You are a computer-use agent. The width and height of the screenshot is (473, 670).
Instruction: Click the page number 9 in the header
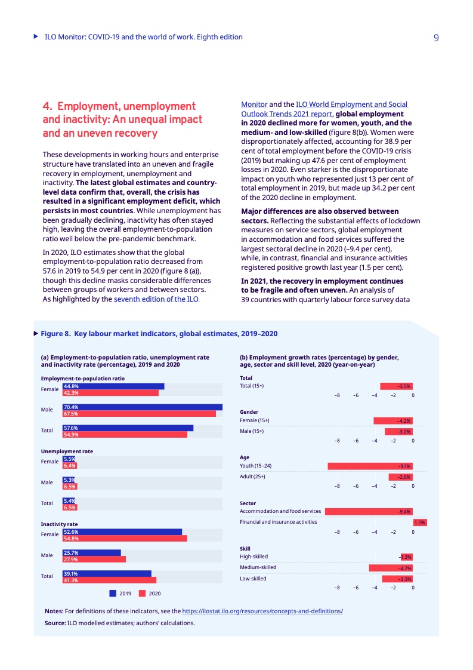436,38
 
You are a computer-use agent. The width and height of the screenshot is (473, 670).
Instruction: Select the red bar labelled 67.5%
139,413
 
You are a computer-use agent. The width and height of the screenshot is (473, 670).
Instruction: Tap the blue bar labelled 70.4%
142,407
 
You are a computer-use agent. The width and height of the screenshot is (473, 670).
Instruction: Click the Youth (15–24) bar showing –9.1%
370,466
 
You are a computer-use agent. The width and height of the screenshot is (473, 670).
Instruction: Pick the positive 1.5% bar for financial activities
419,523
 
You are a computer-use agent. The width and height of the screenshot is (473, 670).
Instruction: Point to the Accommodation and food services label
280,511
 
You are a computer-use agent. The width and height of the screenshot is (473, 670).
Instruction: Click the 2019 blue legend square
113,594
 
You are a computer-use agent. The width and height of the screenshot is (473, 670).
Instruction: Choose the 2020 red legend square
142,594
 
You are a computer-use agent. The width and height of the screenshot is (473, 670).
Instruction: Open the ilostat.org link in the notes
262,611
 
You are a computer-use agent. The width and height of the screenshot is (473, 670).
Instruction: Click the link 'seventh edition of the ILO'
156,299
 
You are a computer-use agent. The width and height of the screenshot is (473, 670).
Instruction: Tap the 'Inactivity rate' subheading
59,524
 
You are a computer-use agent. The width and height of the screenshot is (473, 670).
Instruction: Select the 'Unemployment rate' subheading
67,451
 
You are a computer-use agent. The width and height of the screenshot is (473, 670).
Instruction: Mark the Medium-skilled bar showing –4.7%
391,568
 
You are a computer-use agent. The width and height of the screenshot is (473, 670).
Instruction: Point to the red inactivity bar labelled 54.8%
125,539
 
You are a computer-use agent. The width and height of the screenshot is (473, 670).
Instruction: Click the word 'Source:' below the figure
55,623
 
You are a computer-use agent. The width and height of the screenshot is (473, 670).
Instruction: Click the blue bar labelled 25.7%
91,553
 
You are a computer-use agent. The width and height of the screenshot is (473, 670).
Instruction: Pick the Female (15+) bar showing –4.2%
393,420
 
